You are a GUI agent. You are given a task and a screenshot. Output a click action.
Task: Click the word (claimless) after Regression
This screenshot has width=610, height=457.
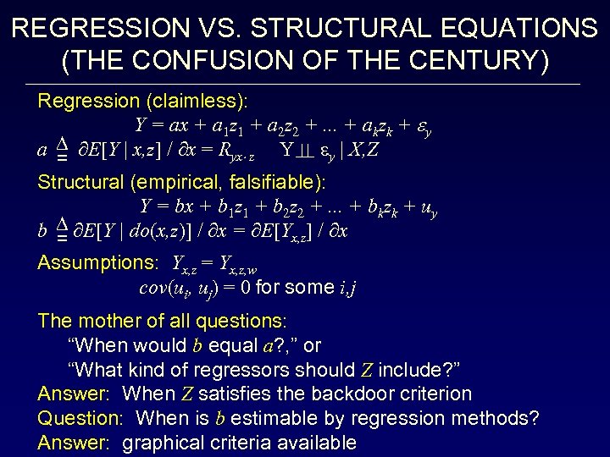tap(197, 102)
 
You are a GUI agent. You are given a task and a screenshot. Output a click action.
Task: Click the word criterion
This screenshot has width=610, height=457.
tap(435, 394)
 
